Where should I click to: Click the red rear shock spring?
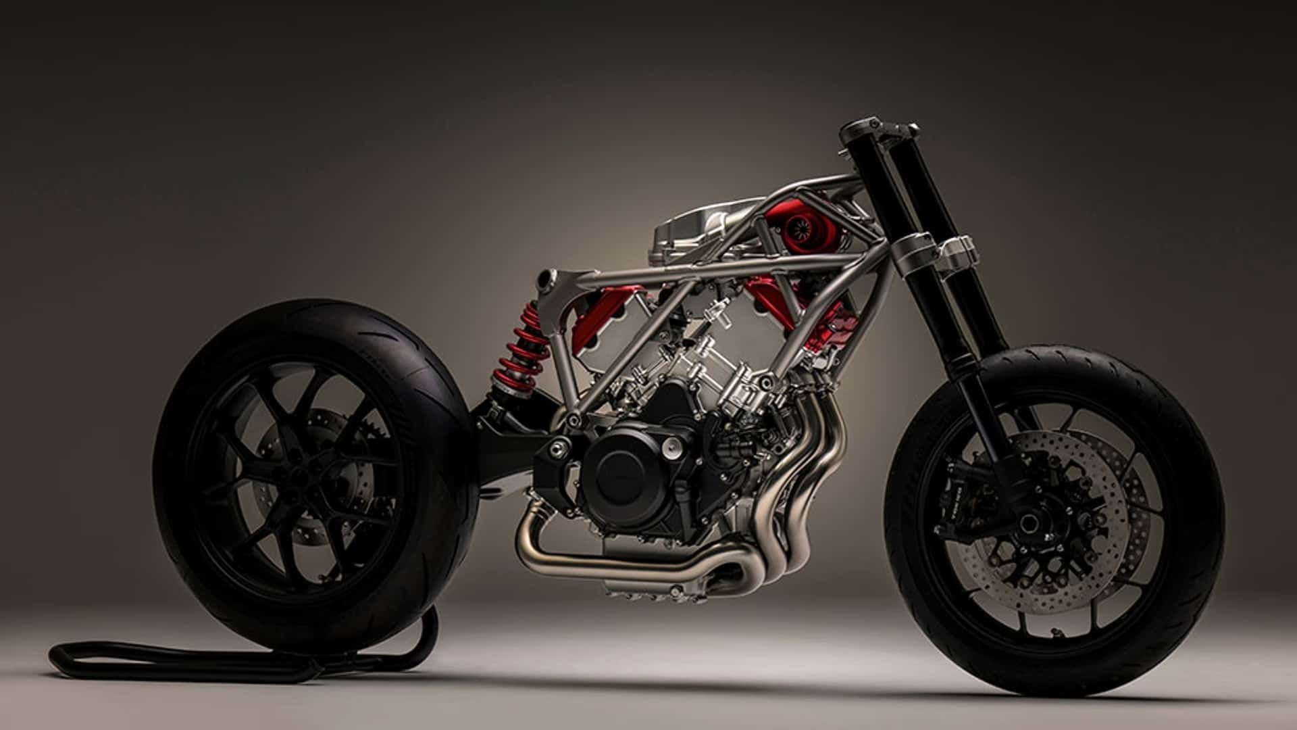(x=521, y=351)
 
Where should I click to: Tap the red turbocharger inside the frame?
(x=797, y=230)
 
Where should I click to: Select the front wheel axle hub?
(x=1029, y=522)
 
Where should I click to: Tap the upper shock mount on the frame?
(x=547, y=278)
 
